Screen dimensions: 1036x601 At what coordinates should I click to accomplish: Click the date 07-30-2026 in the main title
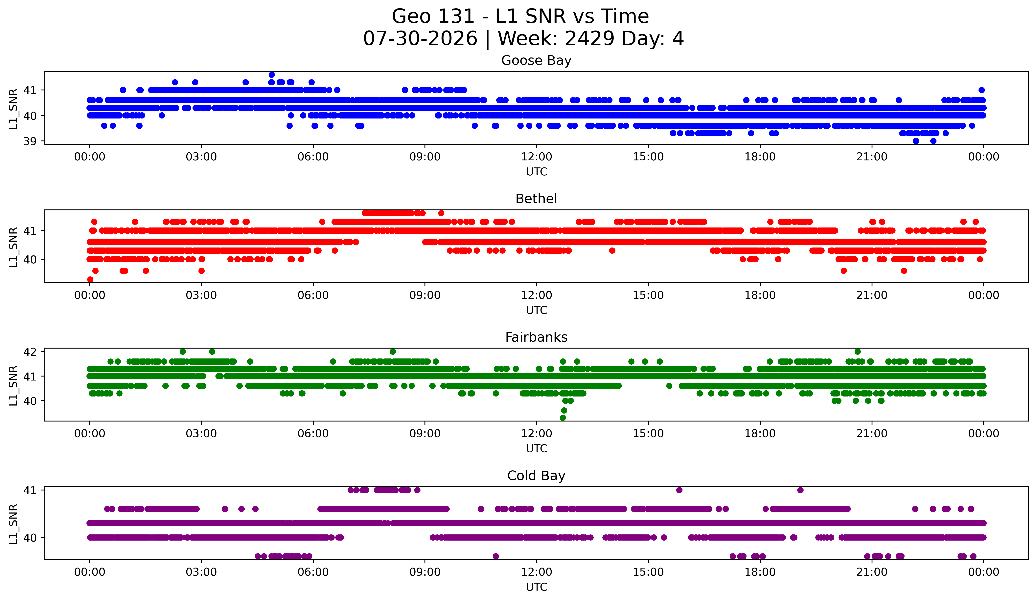[x=420, y=39]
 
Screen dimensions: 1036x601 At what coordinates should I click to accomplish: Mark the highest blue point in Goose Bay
[x=272, y=75]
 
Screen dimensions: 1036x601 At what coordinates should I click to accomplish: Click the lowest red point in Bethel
[x=90, y=279]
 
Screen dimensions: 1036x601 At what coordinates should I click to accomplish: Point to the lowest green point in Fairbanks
[x=563, y=418]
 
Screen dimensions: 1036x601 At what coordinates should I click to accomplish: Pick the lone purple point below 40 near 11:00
[x=496, y=556]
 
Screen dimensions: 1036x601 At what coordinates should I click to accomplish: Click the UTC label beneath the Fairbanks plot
[x=537, y=449]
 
